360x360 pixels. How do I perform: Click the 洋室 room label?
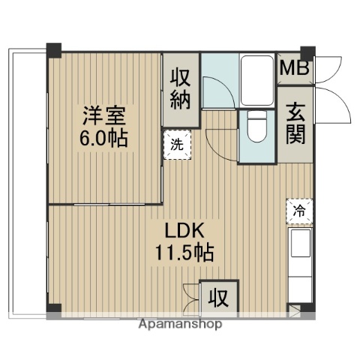coord(104,118)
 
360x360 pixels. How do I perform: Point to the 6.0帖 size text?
coord(104,139)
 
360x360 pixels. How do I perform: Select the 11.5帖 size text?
coord(184,252)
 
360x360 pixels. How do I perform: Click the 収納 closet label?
coord(181,88)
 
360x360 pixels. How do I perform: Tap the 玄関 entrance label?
coord(295,124)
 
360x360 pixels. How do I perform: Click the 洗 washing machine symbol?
coord(178,145)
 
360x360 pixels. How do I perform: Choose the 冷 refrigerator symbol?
coord(298,211)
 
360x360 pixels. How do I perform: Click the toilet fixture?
coord(256,127)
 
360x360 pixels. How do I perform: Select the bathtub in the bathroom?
coord(258,79)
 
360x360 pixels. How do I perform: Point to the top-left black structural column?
coord(53,52)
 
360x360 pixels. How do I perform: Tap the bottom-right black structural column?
coord(308,307)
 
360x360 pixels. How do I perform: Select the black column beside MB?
coord(307,52)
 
